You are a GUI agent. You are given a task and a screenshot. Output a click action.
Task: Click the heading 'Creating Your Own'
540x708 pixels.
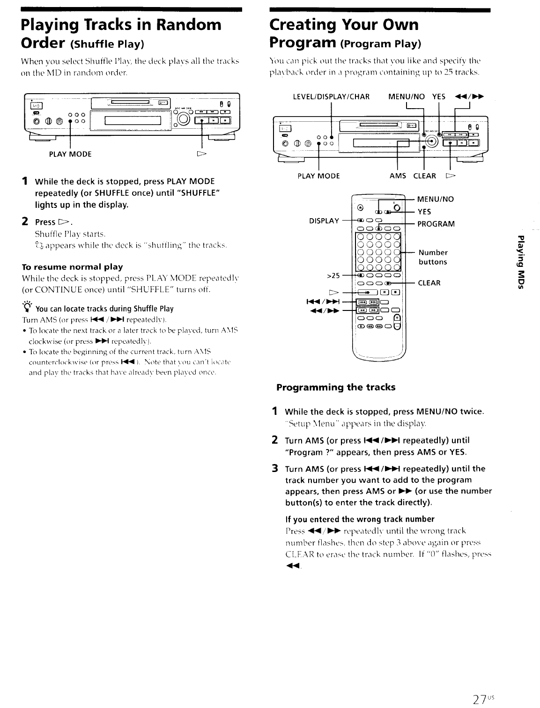(x=344, y=24)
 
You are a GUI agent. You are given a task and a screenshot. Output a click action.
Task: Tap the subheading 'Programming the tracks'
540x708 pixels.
(x=336, y=387)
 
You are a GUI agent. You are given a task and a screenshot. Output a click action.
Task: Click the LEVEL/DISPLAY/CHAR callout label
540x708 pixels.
(x=331, y=97)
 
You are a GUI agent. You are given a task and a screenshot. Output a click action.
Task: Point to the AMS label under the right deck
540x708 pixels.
(x=398, y=176)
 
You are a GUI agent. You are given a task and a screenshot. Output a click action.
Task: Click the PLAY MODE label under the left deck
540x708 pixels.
(x=70, y=154)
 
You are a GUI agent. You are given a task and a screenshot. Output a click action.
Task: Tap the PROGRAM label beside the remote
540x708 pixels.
(x=436, y=224)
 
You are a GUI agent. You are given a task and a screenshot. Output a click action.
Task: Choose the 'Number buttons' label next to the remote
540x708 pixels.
(x=433, y=257)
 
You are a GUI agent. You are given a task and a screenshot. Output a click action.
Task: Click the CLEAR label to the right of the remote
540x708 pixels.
(x=429, y=283)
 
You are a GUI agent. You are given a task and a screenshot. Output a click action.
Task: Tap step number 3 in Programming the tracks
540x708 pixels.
(x=275, y=468)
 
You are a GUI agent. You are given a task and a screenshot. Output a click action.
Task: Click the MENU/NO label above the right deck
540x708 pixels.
(x=407, y=97)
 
